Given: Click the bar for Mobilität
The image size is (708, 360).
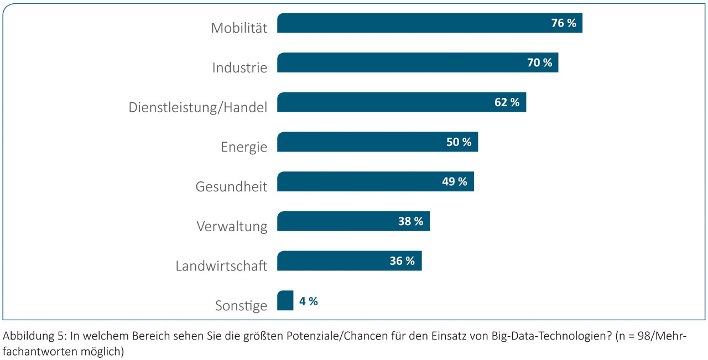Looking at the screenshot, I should (409, 23).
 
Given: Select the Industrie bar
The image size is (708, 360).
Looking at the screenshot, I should (398, 62).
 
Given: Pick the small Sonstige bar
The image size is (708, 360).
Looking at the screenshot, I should (285, 301).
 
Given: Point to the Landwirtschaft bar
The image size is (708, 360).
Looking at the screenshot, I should (332, 261).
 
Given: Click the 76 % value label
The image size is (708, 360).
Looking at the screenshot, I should (564, 23).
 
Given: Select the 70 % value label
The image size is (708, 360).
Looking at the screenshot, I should (539, 62).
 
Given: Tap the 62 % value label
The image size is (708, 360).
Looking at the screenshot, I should (507, 102).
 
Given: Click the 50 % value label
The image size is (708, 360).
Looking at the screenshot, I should (459, 142).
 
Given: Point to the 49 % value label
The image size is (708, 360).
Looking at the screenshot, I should (455, 181).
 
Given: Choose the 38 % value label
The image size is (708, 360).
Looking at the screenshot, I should (410, 221).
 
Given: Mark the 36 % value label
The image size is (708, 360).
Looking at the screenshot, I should (402, 261).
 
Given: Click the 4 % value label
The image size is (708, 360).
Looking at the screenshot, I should (309, 301).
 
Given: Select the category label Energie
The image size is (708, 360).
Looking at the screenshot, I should (244, 147).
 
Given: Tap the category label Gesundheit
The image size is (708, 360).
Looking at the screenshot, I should (231, 187).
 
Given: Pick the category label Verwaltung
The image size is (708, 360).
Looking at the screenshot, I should (232, 226).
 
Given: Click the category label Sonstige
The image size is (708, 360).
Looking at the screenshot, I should (241, 305).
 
